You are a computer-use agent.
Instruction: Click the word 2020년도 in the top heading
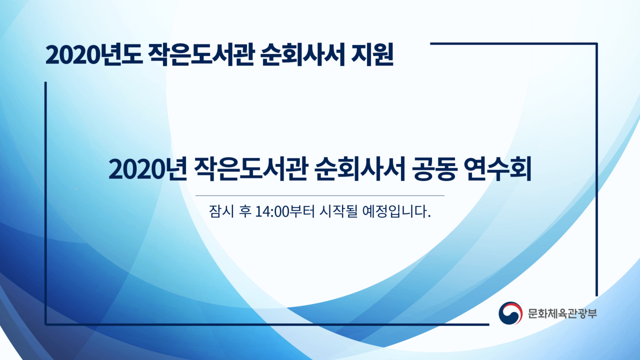click(x=94, y=54)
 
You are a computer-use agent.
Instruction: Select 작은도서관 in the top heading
click(x=201, y=54)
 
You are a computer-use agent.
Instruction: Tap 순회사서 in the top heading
click(x=302, y=54)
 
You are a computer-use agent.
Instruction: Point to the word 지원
click(x=372, y=54)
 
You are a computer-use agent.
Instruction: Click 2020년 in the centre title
click(x=147, y=169)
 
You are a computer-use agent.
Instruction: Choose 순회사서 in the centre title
click(x=359, y=169)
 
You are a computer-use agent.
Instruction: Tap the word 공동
click(x=434, y=169)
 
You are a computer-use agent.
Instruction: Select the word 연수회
click(x=497, y=169)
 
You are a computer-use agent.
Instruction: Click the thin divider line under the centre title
click(x=319, y=195)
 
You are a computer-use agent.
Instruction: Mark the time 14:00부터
click(x=284, y=211)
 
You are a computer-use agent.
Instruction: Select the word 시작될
click(x=338, y=211)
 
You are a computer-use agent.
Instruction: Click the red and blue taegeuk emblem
click(x=510, y=313)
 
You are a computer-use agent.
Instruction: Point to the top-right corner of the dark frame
click(x=596, y=43)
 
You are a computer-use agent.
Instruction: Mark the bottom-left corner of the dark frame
click(x=45, y=324)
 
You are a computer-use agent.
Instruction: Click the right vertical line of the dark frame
click(x=596, y=169)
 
